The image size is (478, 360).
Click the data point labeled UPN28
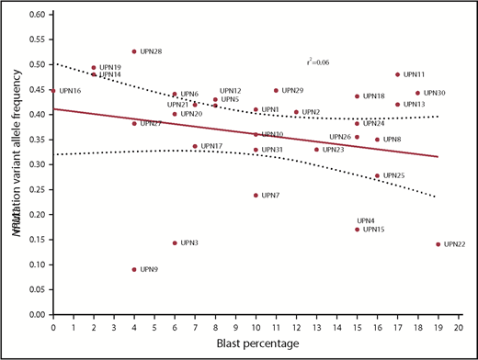(x=134, y=51)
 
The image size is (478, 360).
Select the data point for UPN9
(x=134, y=270)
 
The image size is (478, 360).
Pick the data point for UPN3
(x=175, y=243)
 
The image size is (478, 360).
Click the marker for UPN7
(x=256, y=196)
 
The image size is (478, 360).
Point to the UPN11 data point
(x=397, y=75)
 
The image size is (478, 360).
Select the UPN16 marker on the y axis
(x=53, y=91)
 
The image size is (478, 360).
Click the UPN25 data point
(x=377, y=175)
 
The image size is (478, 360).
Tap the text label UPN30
(x=435, y=93)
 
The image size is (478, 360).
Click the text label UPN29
(x=292, y=91)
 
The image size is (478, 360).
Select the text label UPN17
(x=211, y=146)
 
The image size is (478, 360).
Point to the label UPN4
(x=365, y=220)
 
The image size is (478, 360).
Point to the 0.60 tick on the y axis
(x=37, y=16)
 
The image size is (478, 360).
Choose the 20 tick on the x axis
(x=458, y=326)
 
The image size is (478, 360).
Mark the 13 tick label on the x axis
(x=316, y=326)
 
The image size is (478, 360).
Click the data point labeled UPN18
(x=357, y=96)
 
